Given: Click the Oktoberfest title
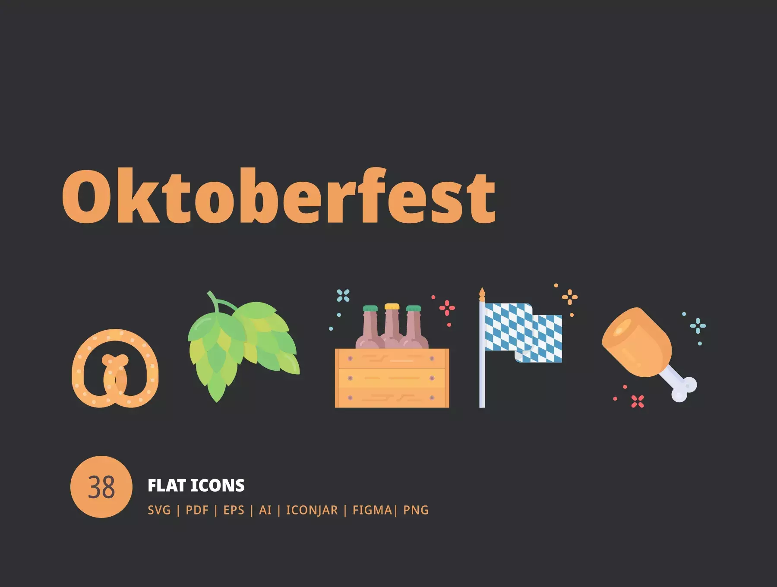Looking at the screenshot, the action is coord(279,196).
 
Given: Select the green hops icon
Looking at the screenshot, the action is coord(243,345).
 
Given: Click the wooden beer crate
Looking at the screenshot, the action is coord(392,378).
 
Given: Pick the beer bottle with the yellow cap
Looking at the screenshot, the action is coord(392,326).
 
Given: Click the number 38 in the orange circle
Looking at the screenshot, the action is coord(101,487).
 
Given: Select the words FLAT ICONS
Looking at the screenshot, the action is coord(196,486).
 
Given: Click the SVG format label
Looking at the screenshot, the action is coord(159,510).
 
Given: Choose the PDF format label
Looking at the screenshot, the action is coord(197,510).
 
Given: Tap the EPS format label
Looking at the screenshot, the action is coord(234,510).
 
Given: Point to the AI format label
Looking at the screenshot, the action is coord(265,510).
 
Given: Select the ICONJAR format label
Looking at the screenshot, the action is coord(312,510).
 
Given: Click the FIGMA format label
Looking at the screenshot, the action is coord(372,510).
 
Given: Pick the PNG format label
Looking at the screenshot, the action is coord(416,510).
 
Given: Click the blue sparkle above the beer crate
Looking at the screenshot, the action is coord(343,296).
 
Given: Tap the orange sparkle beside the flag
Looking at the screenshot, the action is coord(570,297).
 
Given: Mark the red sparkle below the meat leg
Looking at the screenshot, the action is coord(638,401).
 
